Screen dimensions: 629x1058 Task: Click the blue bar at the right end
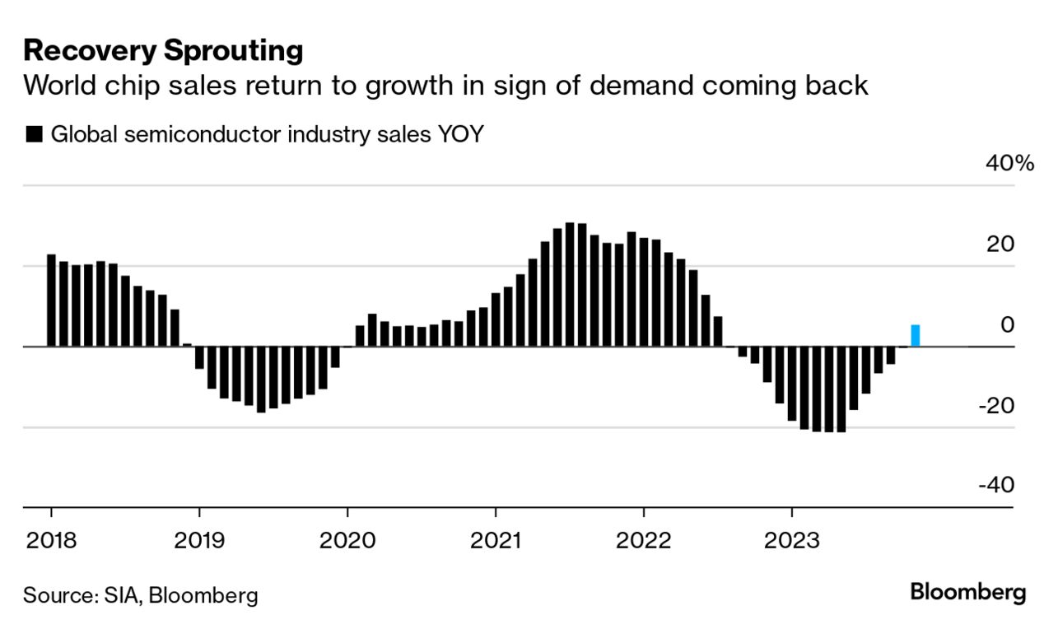tap(915, 336)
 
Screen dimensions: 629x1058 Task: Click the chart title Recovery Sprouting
tap(163, 51)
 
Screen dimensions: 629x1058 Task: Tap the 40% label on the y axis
tap(1009, 163)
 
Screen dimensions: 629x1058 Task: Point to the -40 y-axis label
tap(996, 486)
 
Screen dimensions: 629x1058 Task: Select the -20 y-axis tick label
tap(996, 405)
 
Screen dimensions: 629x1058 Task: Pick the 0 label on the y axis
tap(1008, 324)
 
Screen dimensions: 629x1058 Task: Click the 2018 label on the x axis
tap(51, 541)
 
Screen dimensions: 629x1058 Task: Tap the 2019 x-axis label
tap(199, 541)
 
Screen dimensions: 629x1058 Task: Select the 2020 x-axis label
tap(347, 541)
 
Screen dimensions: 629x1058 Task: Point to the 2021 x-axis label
tap(496, 541)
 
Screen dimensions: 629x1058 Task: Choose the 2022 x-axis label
tap(643, 541)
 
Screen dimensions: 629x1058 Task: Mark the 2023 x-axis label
tap(791, 541)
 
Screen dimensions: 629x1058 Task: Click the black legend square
tap(34, 135)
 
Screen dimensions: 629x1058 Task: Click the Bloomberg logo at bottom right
tap(968, 592)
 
